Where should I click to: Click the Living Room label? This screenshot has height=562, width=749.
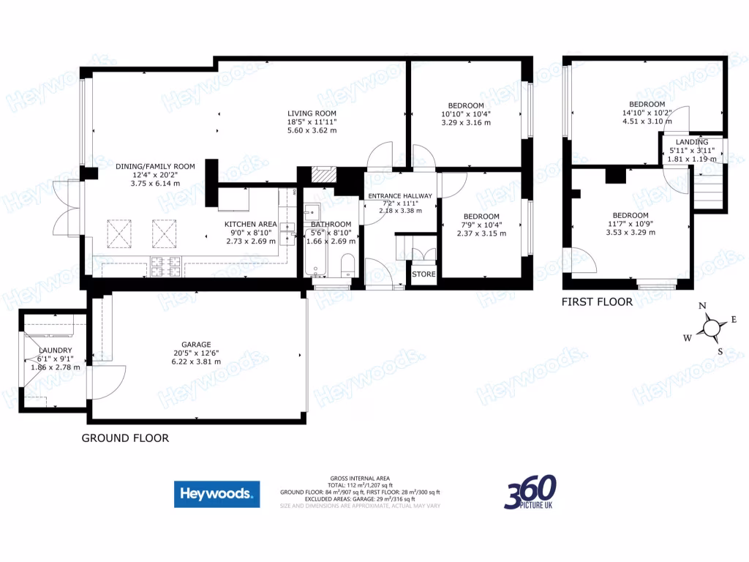click(312, 113)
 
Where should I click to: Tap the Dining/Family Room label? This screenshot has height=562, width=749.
click(155, 167)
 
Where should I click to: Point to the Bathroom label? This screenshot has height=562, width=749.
click(331, 224)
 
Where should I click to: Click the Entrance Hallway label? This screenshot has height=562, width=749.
click(400, 196)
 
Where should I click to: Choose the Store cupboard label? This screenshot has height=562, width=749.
click(424, 274)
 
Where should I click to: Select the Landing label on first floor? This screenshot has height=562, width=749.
click(691, 142)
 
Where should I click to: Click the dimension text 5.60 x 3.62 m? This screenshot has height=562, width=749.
click(312, 131)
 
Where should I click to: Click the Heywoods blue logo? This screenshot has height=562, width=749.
click(217, 494)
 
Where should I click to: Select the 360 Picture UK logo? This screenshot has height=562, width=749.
click(530, 492)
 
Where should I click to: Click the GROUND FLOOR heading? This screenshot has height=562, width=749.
click(125, 438)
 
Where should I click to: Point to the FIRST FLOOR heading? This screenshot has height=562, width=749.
click(597, 301)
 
